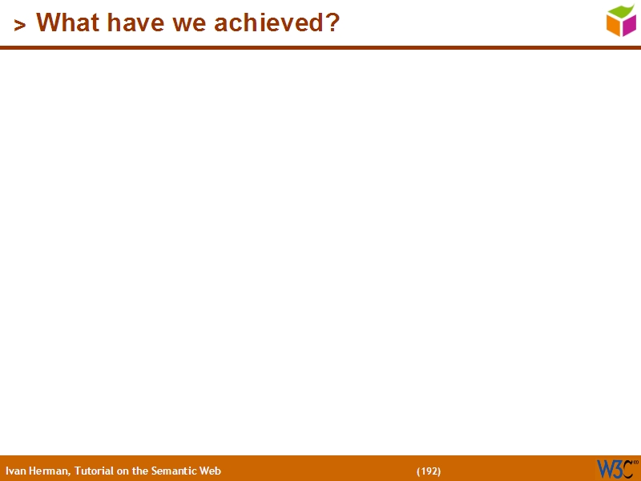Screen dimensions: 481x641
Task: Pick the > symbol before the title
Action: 20,26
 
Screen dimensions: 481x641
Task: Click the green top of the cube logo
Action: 621,10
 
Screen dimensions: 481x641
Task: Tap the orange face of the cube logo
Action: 613,26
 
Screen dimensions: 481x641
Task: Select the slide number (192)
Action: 429,471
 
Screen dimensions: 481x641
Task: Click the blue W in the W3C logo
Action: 605,469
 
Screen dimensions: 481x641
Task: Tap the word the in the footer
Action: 141,471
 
